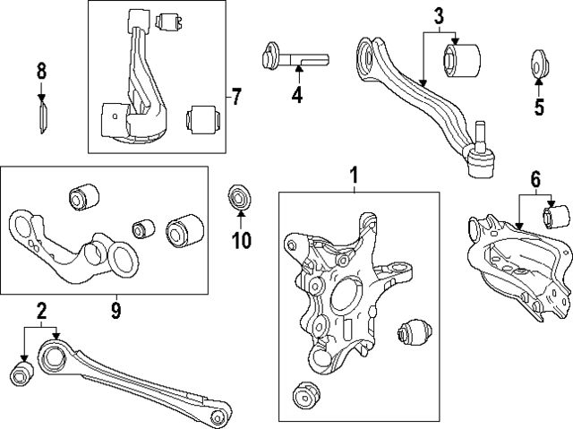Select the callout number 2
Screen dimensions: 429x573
tap(40, 361)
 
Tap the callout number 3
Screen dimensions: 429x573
tap(439, 16)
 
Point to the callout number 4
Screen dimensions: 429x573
tap(296, 94)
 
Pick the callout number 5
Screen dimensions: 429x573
tap(538, 107)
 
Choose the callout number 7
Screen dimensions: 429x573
tap(235, 97)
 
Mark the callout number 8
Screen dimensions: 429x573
tap(41, 70)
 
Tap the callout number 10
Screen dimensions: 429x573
tap(241, 239)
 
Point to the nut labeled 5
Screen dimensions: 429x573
tap(539, 64)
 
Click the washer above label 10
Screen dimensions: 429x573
tap(240, 196)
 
